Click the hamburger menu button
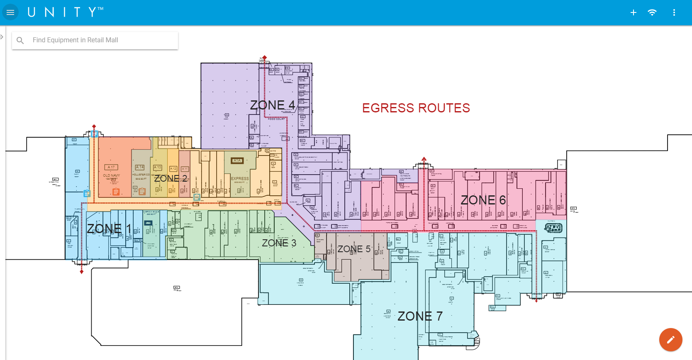pos(10,12)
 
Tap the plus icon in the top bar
pos(634,12)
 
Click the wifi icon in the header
pos(652,12)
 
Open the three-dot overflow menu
pos(674,12)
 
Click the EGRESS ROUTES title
pos(416,108)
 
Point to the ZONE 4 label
pos(272,105)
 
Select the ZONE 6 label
pos(483,200)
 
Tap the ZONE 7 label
pos(420,316)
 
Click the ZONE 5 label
pos(353,249)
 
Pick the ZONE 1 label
pos(109,229)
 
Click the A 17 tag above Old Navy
pos(111,168)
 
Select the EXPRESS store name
pos(240,179)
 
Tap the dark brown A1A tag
pos(237,161)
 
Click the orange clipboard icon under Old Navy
pos(116,192)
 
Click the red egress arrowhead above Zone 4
pos(264,58)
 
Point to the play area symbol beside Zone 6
pos(553,228)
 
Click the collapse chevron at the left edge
pos(2,37)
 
